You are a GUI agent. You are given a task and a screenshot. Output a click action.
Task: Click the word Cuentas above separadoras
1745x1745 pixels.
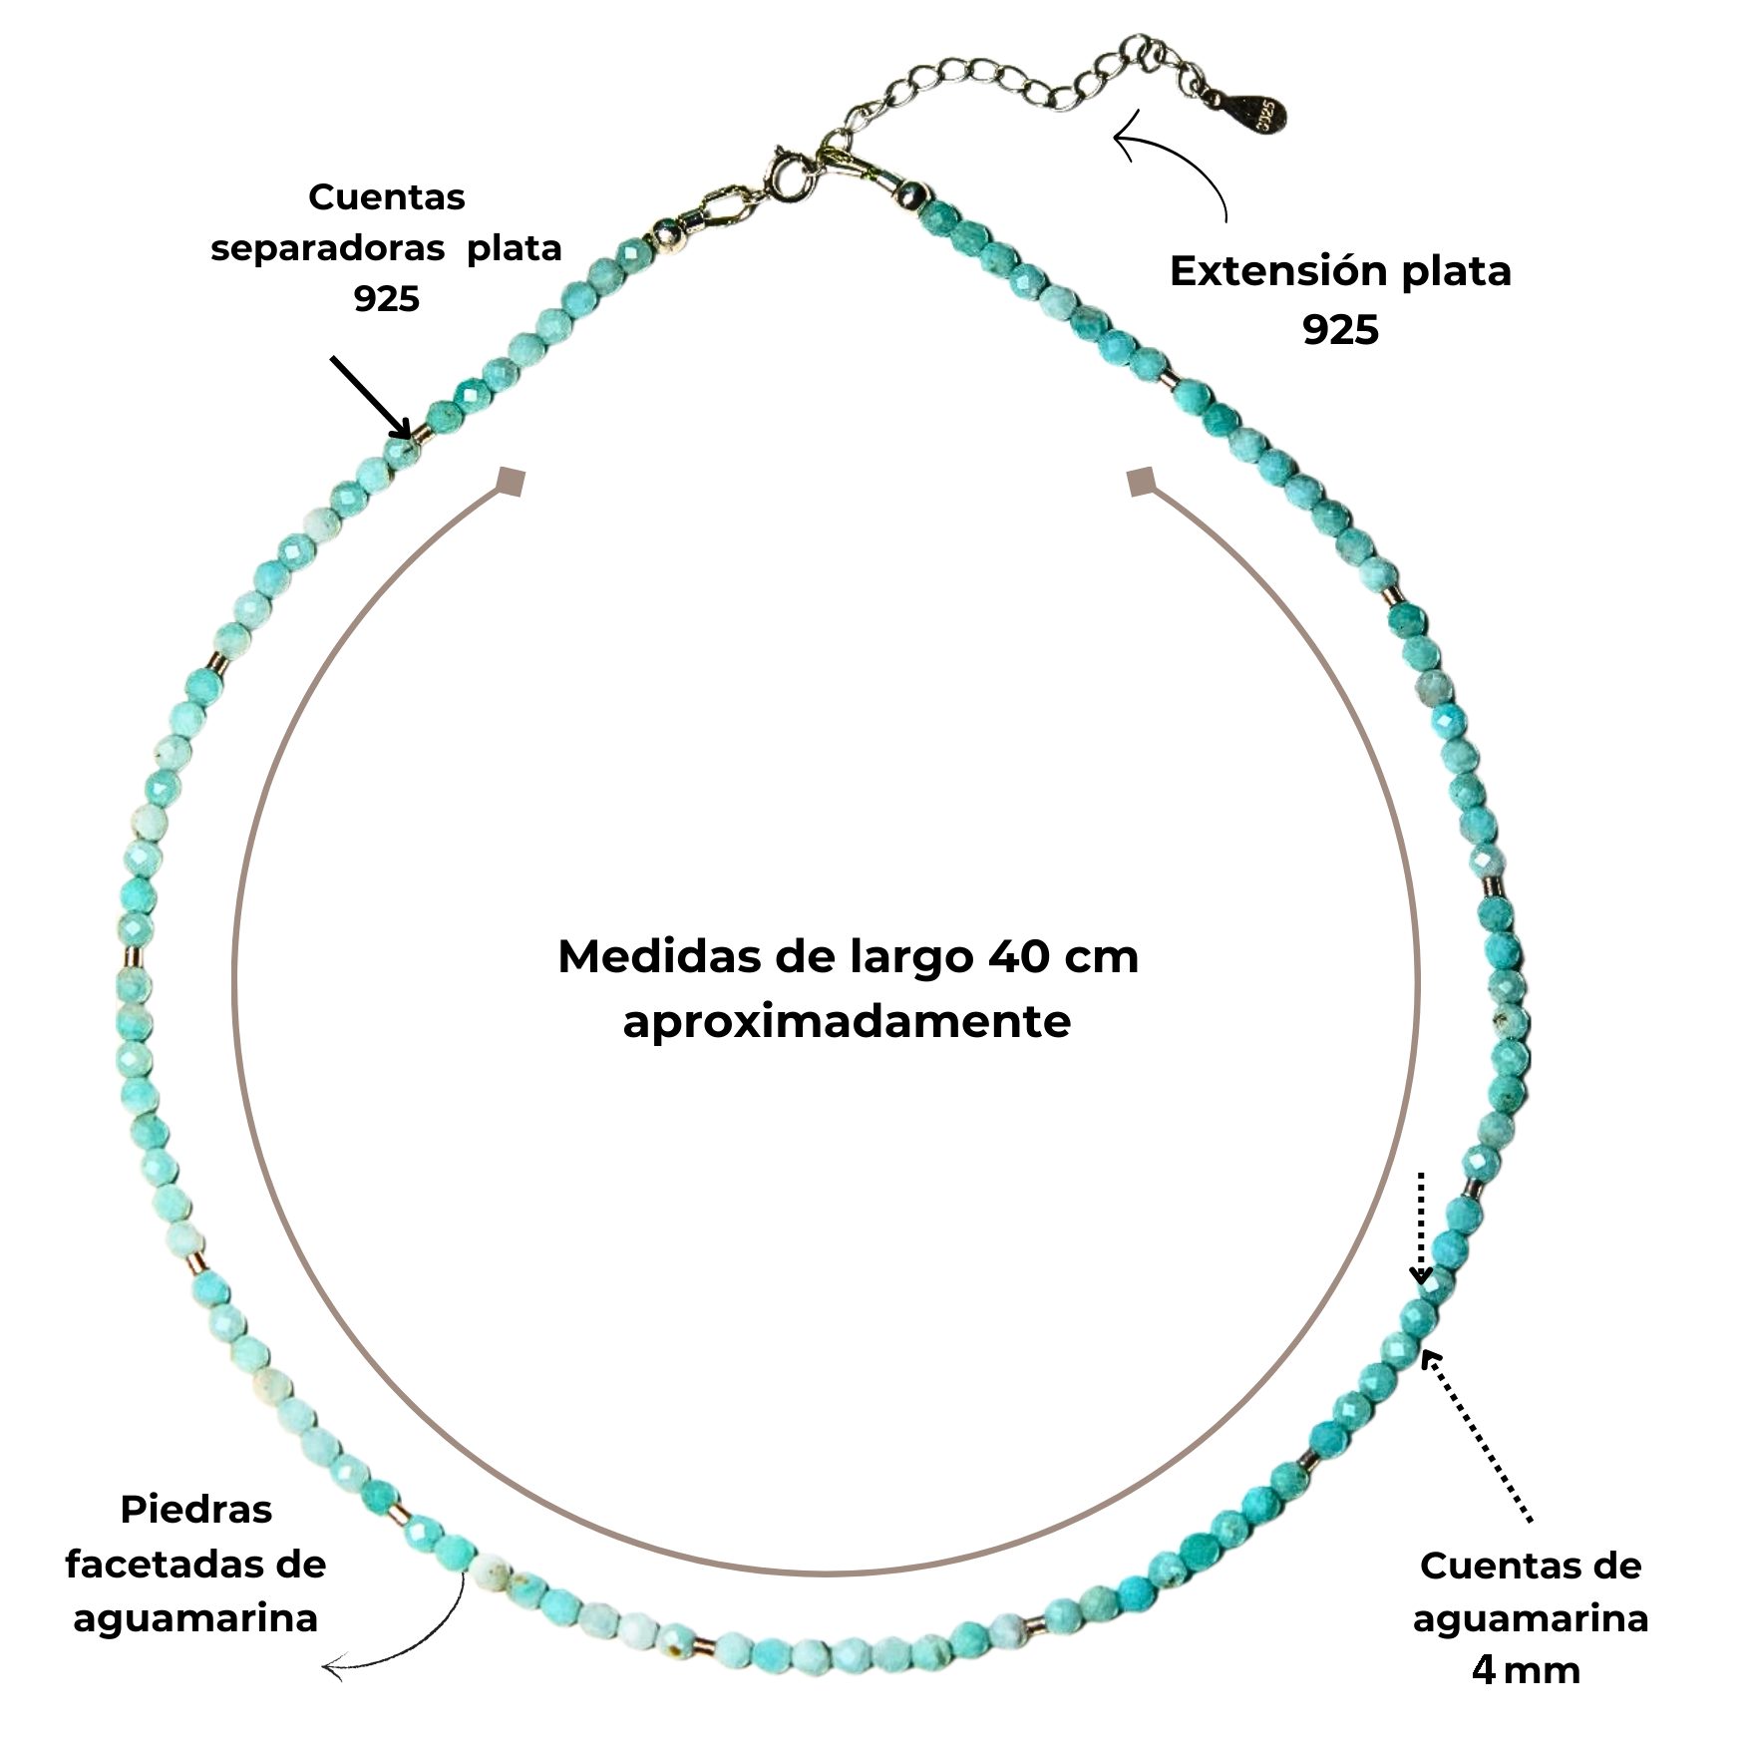387,196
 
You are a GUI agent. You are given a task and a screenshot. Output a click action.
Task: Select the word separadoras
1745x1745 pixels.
327,247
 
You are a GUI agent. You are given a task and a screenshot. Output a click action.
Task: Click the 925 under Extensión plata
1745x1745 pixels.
1340,330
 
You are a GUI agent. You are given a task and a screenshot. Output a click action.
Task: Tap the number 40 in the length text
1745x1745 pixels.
1018,957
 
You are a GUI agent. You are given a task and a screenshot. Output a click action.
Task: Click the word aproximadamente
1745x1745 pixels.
847,1022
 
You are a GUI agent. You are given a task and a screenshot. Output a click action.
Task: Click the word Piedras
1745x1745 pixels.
196,1509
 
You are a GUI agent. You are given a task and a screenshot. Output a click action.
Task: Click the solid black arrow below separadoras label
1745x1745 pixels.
371,397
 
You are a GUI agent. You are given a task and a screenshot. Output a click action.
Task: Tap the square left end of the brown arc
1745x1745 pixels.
512,481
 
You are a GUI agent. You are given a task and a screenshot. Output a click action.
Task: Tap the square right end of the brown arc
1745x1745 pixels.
1141,482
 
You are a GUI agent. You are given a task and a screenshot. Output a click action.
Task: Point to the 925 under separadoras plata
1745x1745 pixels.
387,298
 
